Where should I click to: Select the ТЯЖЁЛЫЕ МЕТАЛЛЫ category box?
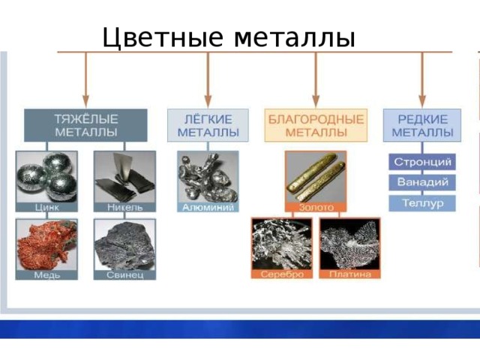coord(85,125)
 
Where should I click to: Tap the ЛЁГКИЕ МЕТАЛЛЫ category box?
coord(208,125)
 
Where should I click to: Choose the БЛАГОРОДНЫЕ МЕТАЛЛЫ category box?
coord(316,125)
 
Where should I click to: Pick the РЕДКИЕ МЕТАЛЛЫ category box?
coord(422,125)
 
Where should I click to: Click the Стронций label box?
coord(422,162)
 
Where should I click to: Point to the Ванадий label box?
coord(422,182)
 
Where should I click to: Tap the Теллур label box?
coord(422,203)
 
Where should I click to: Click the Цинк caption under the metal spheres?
coord(46,207)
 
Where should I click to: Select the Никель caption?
coord(125,207)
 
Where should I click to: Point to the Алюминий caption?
coord(208,207)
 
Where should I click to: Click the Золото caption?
coord(316,207)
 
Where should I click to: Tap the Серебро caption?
coord(282,274)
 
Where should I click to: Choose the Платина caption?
coord(350,274)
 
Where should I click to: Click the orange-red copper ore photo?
coord(46,245)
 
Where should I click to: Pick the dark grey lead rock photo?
coord(125,245)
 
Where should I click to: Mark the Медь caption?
coord(46,275)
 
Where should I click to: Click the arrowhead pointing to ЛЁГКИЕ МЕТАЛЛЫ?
coord(208,101)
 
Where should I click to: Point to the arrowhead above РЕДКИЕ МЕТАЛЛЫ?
coord(422,101)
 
